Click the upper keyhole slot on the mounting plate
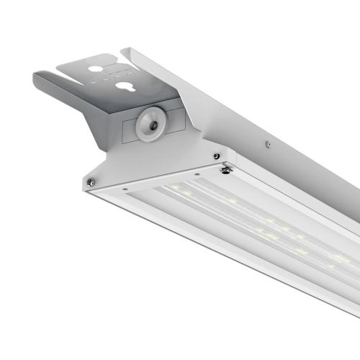pyautogui.click(x=96, y=70)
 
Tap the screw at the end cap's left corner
pyautogui.click(x=90, y=181)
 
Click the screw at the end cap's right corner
pyautogui.click(x=216, y=156)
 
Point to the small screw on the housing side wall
pyautogui.click(x=268, y=145)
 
